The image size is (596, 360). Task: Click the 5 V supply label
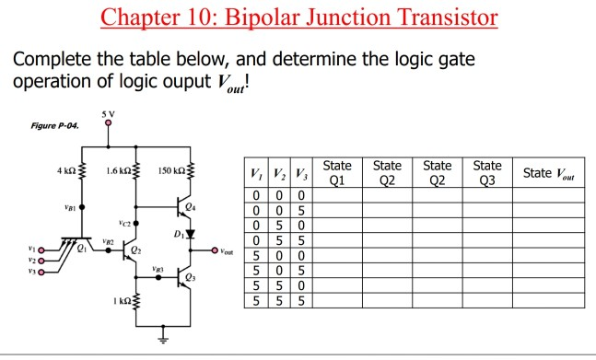109,114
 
